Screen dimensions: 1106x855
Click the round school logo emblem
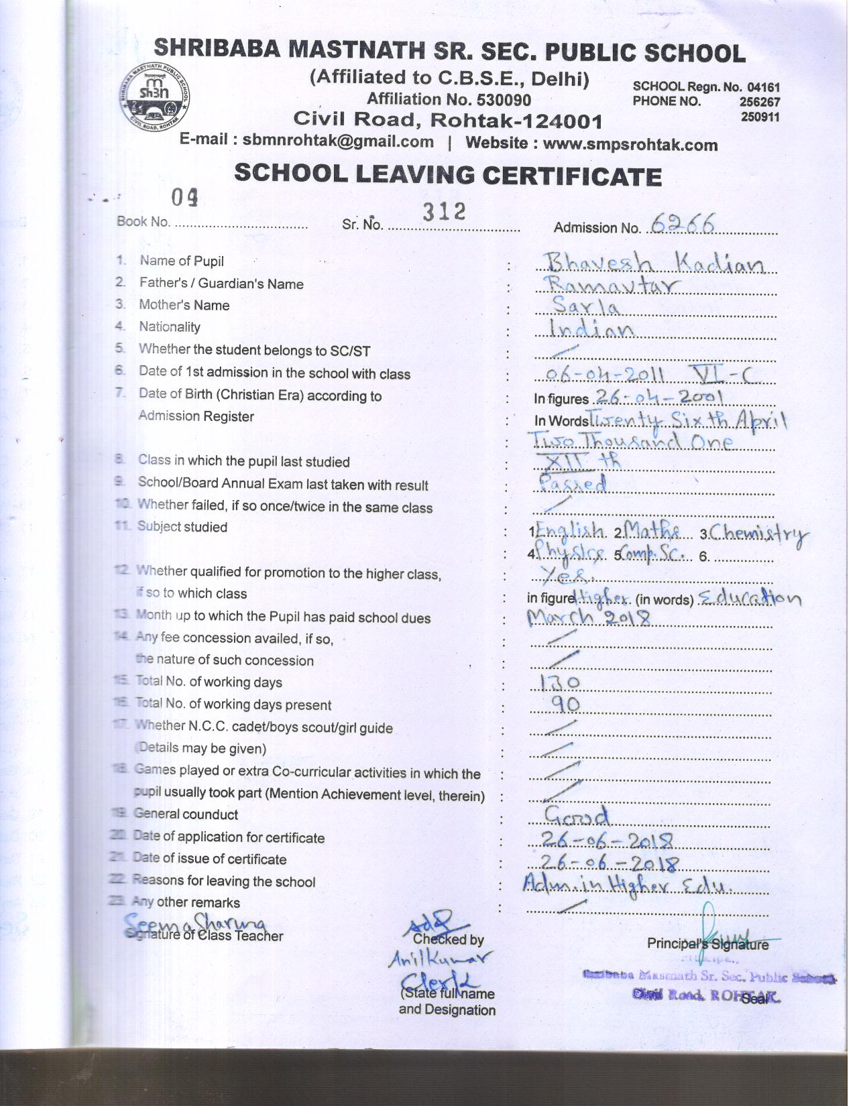pyautogui.click(x=154, y=98)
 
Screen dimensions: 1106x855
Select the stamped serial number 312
pyautogui.click(x=443, y=212)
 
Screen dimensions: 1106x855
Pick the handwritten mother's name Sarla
pyautogui.click(x=585, y=307)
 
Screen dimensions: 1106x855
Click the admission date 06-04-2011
pyautogui.click(x=604, y=375)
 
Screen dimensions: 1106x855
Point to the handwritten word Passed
pyautogui.click(x=573, y=484)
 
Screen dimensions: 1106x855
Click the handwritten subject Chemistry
pyautogui.click(x=758, y=534)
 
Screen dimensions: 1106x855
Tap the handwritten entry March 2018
pyautogui.click(x=588, y=617)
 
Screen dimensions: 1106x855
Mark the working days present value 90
pyautogui.click(x=565, y=704)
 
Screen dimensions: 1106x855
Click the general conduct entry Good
pyautogui.click(x=577, y=816)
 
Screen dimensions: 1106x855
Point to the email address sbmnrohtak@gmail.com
pyautogui.click(x=338, y=141)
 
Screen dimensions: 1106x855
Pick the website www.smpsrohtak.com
pyautogui.click(x=630, y=144)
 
